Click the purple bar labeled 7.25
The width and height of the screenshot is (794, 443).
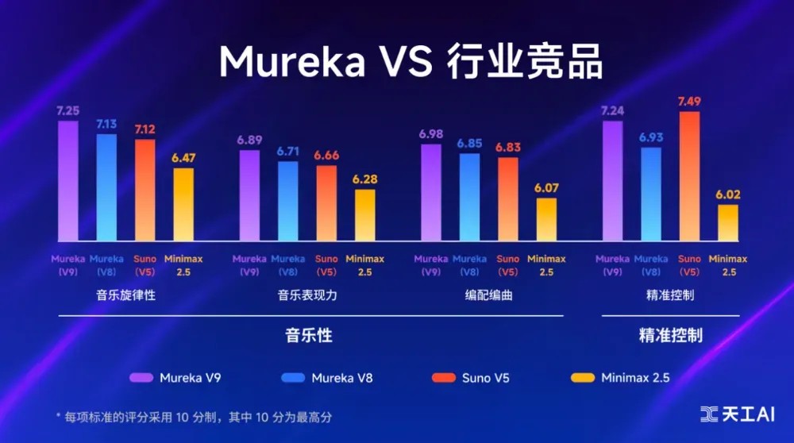coord(68,180)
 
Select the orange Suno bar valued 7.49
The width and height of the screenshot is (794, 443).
coord(689,175)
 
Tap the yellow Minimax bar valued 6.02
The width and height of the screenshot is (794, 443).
coord(728,222)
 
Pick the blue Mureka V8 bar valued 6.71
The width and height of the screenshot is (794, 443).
coord(287,201)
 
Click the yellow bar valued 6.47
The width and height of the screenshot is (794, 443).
coord(183,204)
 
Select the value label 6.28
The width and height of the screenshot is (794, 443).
coord(365,179)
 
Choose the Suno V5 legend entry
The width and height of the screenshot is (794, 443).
coord(472,378)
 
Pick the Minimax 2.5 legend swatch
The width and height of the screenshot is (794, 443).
coord(581,378)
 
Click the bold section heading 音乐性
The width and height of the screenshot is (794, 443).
coord(308,335)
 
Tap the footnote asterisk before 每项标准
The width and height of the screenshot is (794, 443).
coord(58,416)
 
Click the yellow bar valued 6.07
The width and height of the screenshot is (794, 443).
coord(546,219)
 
